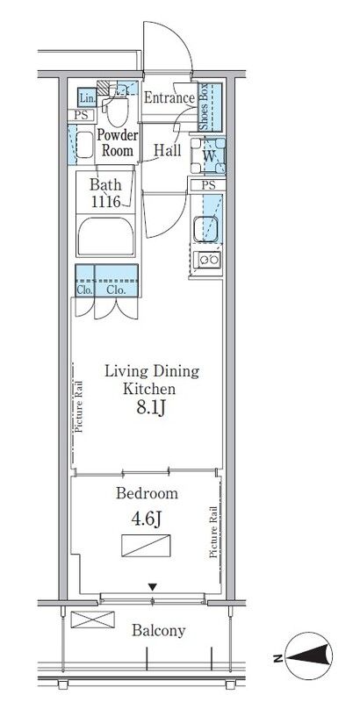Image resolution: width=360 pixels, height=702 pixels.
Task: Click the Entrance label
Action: [169, 98]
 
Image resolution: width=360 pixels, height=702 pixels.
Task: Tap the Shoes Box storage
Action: [210, 106]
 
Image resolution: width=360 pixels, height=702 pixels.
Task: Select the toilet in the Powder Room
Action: [118, 106]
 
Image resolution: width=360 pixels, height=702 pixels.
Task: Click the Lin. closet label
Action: [86, 97]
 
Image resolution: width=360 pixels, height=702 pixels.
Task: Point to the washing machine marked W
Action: [208, 155]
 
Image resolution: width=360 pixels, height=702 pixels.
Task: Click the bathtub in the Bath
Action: [105, 236]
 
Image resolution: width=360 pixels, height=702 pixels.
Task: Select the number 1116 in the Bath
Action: [105, 202]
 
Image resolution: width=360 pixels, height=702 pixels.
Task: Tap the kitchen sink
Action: [206, 229]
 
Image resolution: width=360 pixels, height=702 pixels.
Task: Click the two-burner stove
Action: [207, 260]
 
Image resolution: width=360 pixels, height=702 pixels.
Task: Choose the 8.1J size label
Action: [152, 408]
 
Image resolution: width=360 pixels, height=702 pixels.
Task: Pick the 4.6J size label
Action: [147, 519]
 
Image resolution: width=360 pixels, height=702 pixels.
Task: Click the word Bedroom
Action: [147, 493]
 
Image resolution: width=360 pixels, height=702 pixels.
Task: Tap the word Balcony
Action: [158, 631]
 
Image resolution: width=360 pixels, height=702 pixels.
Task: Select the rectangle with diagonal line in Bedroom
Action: [146, 545]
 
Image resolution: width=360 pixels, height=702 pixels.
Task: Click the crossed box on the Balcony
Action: [93, 620]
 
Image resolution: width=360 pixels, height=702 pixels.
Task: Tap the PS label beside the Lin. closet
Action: [81, 115]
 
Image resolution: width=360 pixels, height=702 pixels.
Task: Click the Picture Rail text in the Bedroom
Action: [212, 533]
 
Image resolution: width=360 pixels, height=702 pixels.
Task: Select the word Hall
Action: [168, 150]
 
